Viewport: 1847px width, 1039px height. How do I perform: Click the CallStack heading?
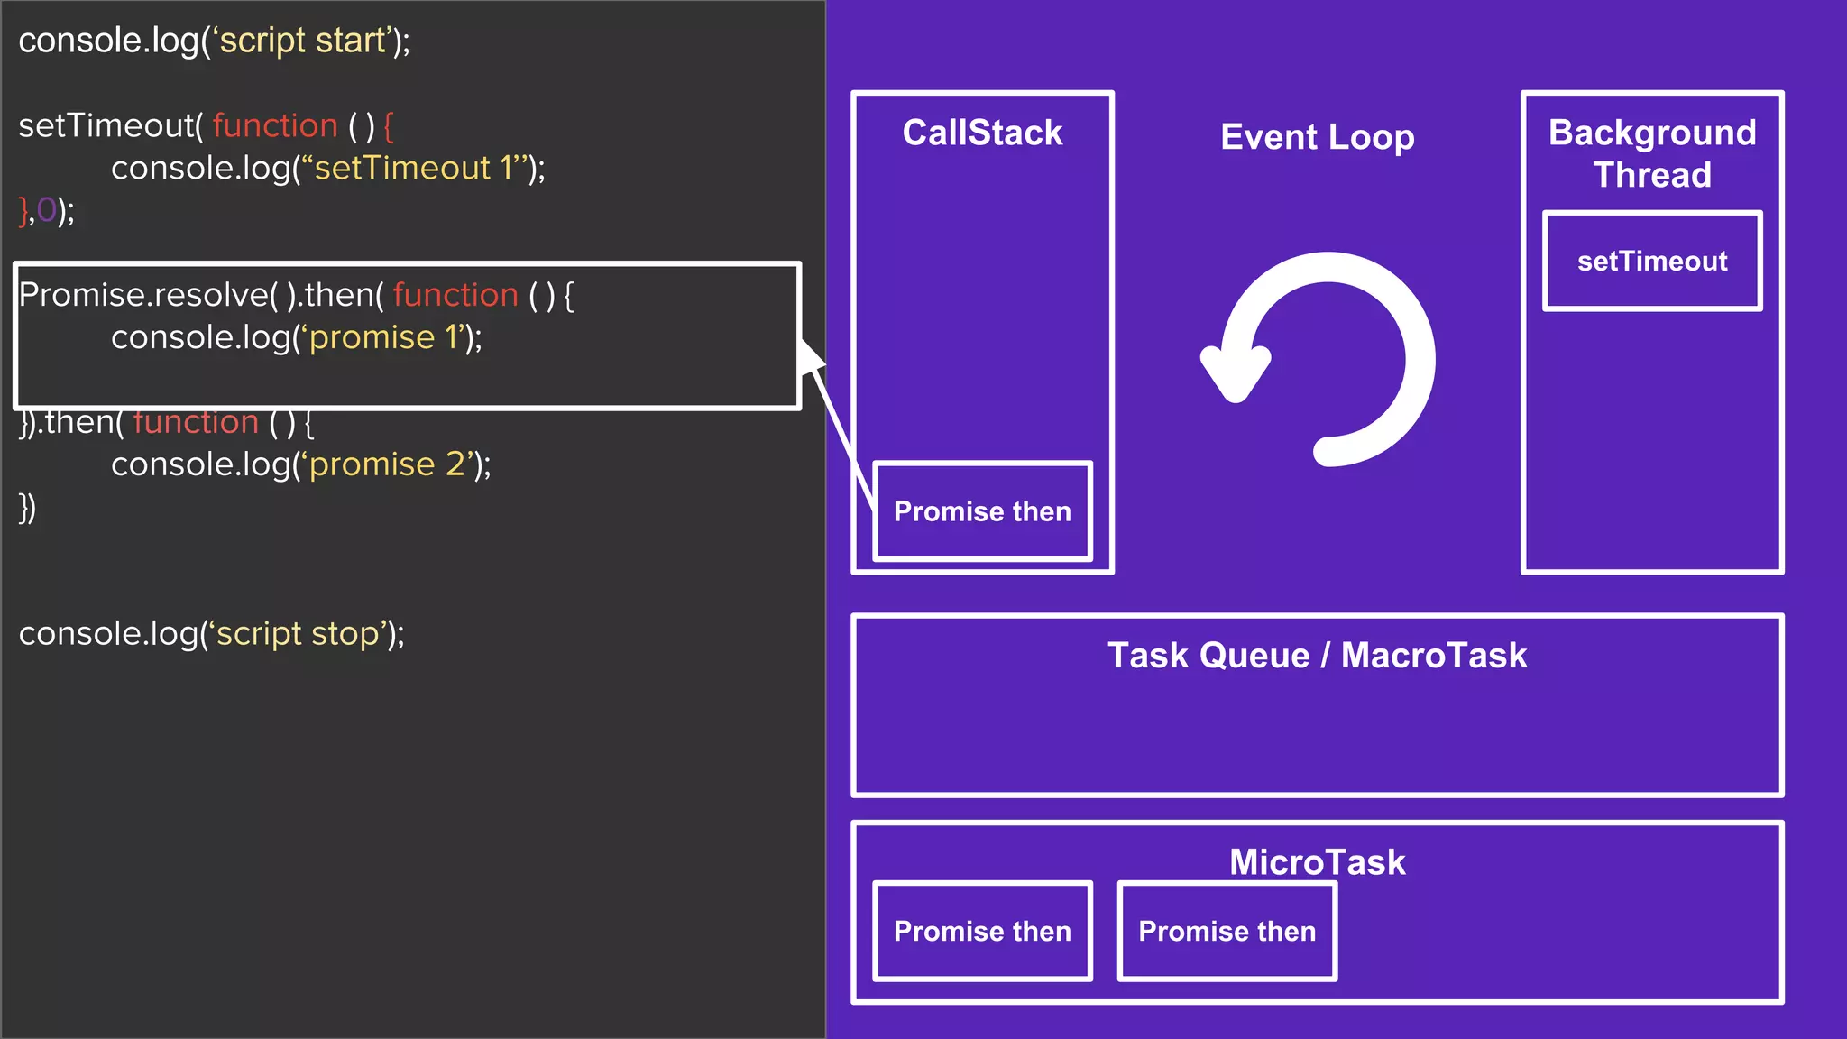click(982, 133)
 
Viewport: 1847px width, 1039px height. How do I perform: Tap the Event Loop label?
click(1317, 137)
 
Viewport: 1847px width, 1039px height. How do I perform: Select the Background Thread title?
click(1652, 153)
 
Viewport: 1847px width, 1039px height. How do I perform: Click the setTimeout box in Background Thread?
click(1652, 262)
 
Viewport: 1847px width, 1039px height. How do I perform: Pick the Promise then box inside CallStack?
click(982, 511)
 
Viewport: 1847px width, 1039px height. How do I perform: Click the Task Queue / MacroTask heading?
click(1317, 656)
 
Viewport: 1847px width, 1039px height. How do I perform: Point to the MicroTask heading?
click(1317, 862)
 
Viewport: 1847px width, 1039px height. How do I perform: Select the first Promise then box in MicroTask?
click(982, 931)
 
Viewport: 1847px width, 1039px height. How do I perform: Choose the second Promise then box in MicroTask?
click(1227, 931)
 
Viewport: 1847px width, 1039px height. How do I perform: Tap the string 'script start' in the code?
click(302, 41)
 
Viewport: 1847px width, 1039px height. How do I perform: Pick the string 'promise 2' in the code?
click(389, 464)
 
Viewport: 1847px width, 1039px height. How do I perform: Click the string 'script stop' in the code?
click(298, 633)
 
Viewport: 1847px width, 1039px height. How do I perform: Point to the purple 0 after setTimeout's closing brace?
click(46, 210)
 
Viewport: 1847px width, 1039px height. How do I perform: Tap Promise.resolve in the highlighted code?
click(143, 295)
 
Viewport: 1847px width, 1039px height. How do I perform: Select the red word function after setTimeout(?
click(275, 125)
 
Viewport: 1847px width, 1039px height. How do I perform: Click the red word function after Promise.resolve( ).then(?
click(455, 295)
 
